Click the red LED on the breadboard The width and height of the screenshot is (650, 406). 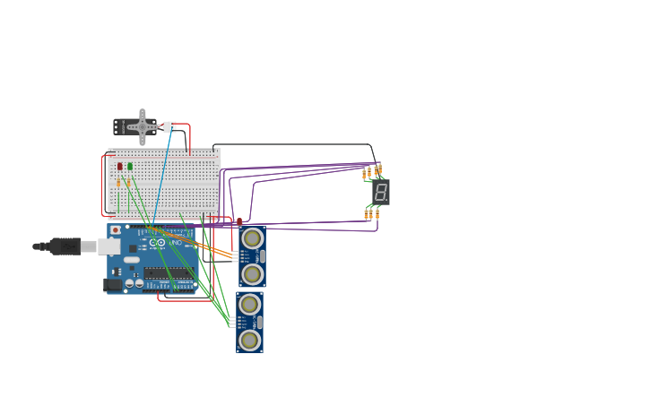pos(119,167)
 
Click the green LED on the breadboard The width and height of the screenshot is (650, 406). pos(130,167)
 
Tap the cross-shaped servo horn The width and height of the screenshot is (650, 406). pos(142,127)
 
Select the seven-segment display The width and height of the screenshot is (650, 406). pos(381,192)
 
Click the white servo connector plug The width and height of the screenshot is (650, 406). pos(169,127)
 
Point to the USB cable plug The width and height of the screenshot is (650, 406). pos(65,246)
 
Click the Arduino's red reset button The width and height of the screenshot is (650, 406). pos(116,230)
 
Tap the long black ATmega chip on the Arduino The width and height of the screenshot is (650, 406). pos(168,272)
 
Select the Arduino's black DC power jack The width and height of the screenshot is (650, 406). pos(113,285)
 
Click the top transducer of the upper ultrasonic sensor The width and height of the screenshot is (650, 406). pos(252,238)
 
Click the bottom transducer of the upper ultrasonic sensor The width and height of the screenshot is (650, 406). pos(252,274)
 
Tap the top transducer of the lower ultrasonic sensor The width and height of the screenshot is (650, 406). pos(249,305)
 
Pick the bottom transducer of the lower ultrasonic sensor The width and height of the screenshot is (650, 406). pos(249,341)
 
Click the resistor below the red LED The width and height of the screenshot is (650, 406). pos(118,182)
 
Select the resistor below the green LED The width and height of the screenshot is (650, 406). pos(128,182)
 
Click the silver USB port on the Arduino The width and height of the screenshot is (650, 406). pos(108,246)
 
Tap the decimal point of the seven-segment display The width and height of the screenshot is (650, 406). pos(387,199)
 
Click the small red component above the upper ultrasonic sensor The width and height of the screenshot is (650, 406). pos(239,221)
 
